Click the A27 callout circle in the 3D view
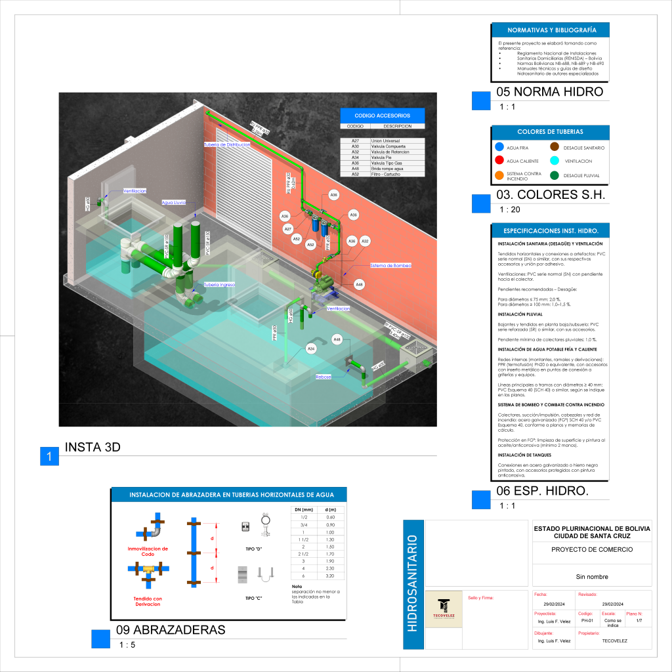(288, 229)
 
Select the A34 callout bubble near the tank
(312, 349)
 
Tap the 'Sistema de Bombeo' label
(391, 265)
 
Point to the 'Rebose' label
(323, 377)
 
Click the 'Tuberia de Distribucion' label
(227, 144)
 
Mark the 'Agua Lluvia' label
(174, 203)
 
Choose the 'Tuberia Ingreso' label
(219, 285)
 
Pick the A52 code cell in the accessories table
(355, 174)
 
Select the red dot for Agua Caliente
(499, 161)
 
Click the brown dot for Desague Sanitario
(555, 147)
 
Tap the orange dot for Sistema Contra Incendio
(499, 175)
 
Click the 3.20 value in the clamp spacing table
(331, 576)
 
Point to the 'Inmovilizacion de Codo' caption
(148, 551)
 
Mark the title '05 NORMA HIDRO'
(549, 92)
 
